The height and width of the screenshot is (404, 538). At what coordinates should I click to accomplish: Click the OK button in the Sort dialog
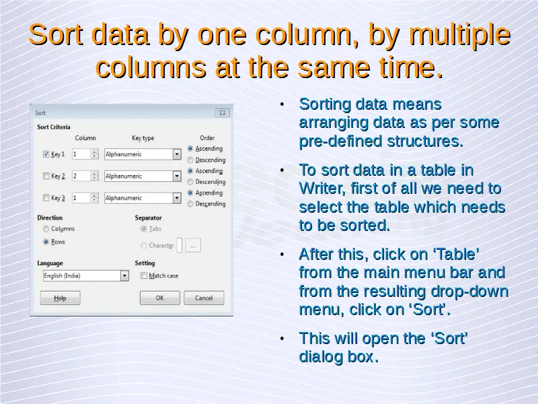pyautogui.click(x=160, y=298)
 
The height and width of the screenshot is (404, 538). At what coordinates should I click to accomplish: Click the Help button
pyautogui.click(x=60, y=298)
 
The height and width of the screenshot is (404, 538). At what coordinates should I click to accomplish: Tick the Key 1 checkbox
pyautogui.click(x=46, y=154)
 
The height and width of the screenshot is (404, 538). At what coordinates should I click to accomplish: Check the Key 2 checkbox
pyautogui.click(x=46, y=176)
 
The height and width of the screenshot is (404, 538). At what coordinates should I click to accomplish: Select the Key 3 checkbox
pyautogui.click(x=46, y=197)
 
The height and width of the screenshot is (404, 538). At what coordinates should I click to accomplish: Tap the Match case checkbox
pyautogui.click(x=144, y=275)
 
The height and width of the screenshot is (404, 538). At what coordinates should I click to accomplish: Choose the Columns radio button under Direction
pyautogui.click(x=46, y=229)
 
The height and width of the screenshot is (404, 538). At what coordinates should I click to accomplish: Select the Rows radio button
pyautogui.click(x=46, y=242)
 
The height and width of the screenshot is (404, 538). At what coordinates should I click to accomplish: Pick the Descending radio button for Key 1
pyautogui.click(x=190, y=160)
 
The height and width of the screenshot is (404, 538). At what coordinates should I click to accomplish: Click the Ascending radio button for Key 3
pyautogui.click(x=190, y=193)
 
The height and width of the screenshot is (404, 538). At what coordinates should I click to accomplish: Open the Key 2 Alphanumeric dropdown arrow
pyautogui.click(x=177, y=176)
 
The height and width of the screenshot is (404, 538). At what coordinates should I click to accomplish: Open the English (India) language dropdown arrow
pyautogui.click(x=124, y=276)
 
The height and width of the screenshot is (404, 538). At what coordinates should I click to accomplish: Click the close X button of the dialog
pyautogui.click(x=223, y=112)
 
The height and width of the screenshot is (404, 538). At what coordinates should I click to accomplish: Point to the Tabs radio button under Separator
pyautogui.click(x=144, y=229)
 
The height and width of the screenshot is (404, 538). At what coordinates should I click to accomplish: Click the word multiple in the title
pyautogui.click(x=460, y=35)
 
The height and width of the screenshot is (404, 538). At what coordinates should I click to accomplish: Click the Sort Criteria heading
pyautogui.click(x=54, y=127)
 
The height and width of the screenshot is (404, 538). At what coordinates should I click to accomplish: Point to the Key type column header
pyautogui.click(x=143, y=138)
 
